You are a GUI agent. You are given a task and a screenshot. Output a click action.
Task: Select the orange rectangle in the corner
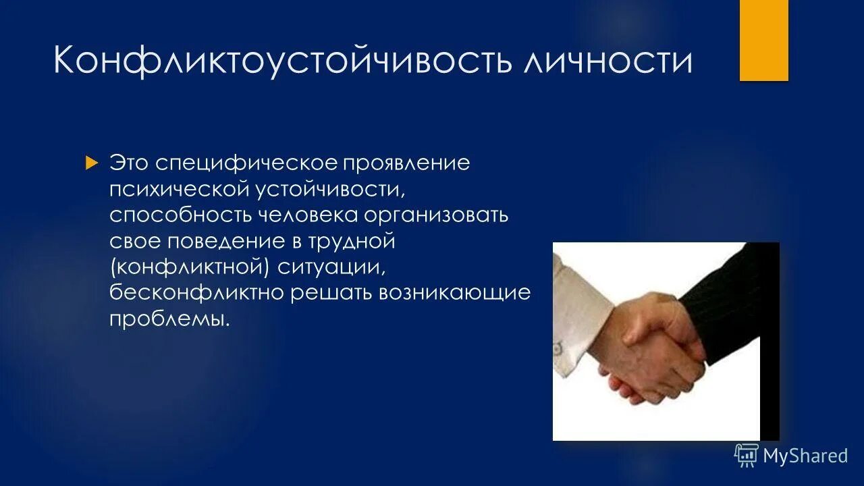(x=763, y=40)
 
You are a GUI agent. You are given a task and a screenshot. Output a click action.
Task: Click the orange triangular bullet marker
(x=92, y=163)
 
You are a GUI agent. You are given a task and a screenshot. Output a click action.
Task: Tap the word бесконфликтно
(x=196, y=293)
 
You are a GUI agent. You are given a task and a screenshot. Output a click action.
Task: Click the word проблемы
(x=169, y=319)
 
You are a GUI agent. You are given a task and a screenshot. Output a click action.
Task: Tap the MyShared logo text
(x=805, y=456)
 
